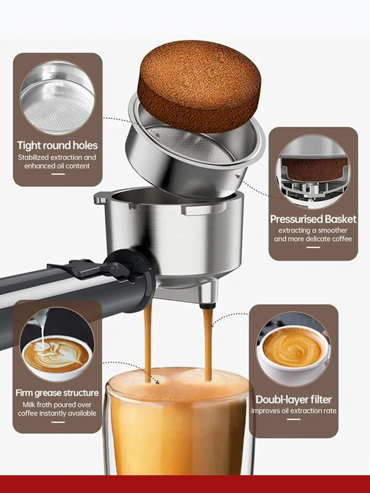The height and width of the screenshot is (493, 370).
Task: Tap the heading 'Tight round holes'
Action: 57,145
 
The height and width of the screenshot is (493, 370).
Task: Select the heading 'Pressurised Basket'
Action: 313,219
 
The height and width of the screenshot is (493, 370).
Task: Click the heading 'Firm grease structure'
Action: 57,393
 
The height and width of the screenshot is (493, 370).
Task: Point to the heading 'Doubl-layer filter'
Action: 294,399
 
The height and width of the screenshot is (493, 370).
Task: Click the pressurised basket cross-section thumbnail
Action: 313,173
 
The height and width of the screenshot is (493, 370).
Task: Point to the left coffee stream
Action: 148,340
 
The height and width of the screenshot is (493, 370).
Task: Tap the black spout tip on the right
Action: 208,306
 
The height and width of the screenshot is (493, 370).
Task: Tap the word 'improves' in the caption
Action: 267,411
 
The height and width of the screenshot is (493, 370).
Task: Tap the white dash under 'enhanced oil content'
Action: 58,174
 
